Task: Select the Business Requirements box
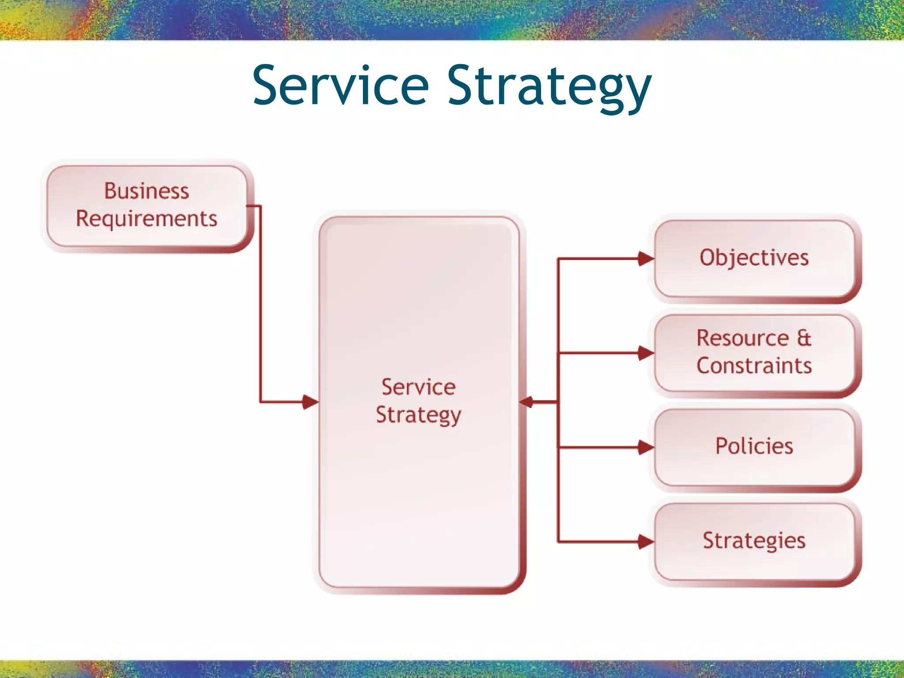click(x=147, y=206)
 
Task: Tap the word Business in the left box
click(x=147, y=191)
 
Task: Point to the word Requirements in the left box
click(x=147, y=219)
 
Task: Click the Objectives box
click(x=754, y=259)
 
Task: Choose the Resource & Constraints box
click(x=754, y=353)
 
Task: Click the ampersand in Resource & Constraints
click(x=804, y=338)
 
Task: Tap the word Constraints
click(x=754, y=366)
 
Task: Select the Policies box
click(x=754, y=447)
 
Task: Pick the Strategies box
click(x=754, y=541)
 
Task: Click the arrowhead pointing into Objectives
click(x=646, y=259)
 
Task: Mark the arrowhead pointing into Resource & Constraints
click(x=646, y=353)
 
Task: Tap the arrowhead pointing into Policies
click(x=646, y=447)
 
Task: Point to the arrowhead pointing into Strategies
click(x=646, y=542)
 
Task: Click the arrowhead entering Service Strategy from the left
click(x=310, y=402)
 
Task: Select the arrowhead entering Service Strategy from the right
click(x=527, y=402)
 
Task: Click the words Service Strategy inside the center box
click(x=418, y=401)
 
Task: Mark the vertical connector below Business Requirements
click(x=260, y=305)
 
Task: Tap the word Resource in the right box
click(x=742, y=338)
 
